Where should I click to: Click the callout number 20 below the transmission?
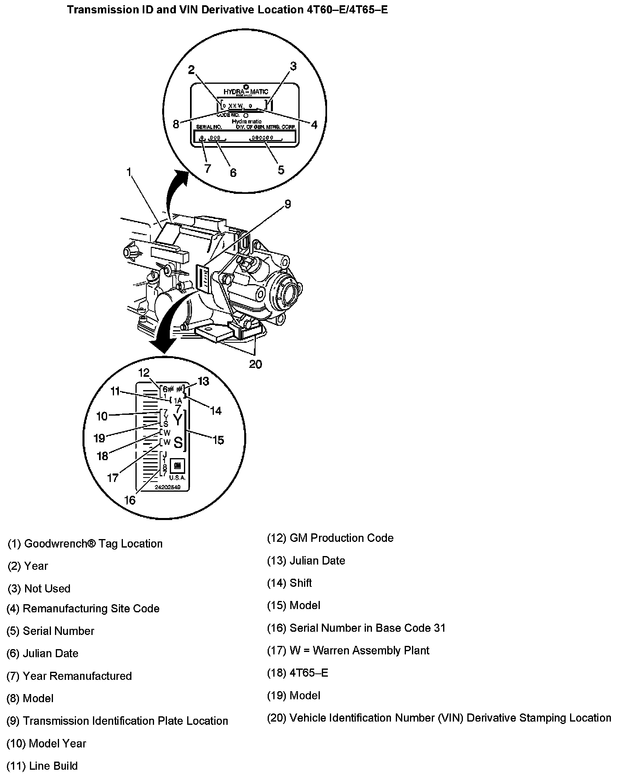255,364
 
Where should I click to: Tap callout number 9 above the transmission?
287,204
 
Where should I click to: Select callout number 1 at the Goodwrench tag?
129,172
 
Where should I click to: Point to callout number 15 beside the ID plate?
218,440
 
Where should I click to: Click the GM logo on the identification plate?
177,466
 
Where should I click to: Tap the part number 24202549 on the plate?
167,488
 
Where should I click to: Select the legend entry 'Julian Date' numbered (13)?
306,561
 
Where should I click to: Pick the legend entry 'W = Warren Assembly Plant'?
348,651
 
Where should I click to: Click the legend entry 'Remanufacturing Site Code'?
83,609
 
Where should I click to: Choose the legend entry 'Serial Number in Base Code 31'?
356,628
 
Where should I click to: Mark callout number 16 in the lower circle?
130,500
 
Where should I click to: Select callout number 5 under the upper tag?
281,170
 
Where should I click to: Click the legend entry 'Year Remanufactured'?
69,676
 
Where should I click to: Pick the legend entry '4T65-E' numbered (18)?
298,673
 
